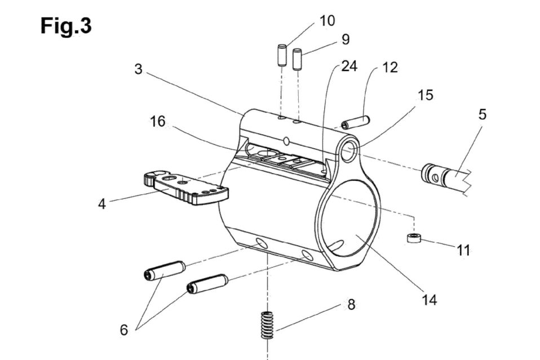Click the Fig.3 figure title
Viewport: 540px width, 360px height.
[x=66, y=25]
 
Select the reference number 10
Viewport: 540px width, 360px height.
[x=327, y=21]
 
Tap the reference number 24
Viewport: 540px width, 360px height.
[x=349, y=66]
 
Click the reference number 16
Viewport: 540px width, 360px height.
[x=158, y=122]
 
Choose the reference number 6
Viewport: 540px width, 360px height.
[x=124, y=330]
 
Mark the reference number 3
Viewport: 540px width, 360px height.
[x=138, y=69]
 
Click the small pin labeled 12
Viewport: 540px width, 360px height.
[x=355, y=122]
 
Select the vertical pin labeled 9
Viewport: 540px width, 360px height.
[x=297, y=59]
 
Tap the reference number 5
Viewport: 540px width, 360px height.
[x=482, y=114]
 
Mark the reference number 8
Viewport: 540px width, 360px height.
[x=351, y=305]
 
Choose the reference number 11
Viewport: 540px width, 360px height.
[x=463, y=250]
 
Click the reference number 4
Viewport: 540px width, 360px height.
[x=101, y=203]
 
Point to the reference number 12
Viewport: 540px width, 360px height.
[x=389, y=68]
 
